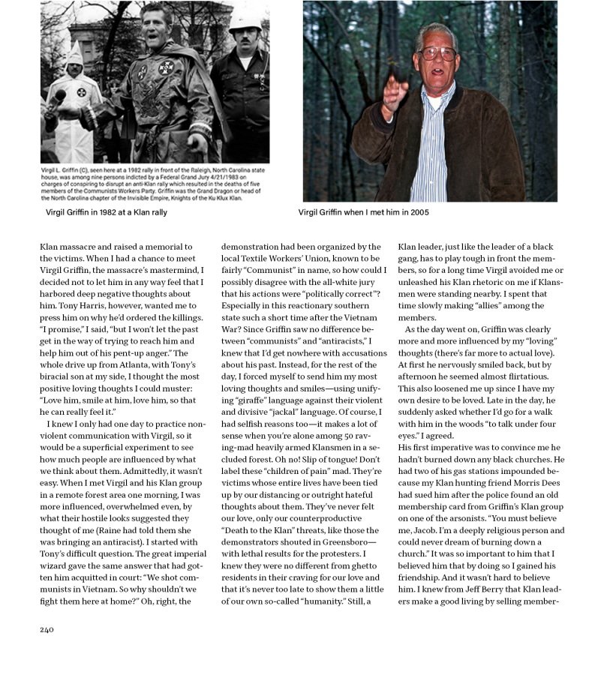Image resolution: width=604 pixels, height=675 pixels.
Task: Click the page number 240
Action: pos(47,629)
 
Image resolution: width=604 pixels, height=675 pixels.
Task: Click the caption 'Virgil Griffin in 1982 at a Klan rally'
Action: pos(107,212)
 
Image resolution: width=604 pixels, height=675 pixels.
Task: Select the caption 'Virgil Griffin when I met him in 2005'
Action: pos(363,212)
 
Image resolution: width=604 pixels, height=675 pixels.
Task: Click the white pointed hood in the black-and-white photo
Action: pos(73,60)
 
